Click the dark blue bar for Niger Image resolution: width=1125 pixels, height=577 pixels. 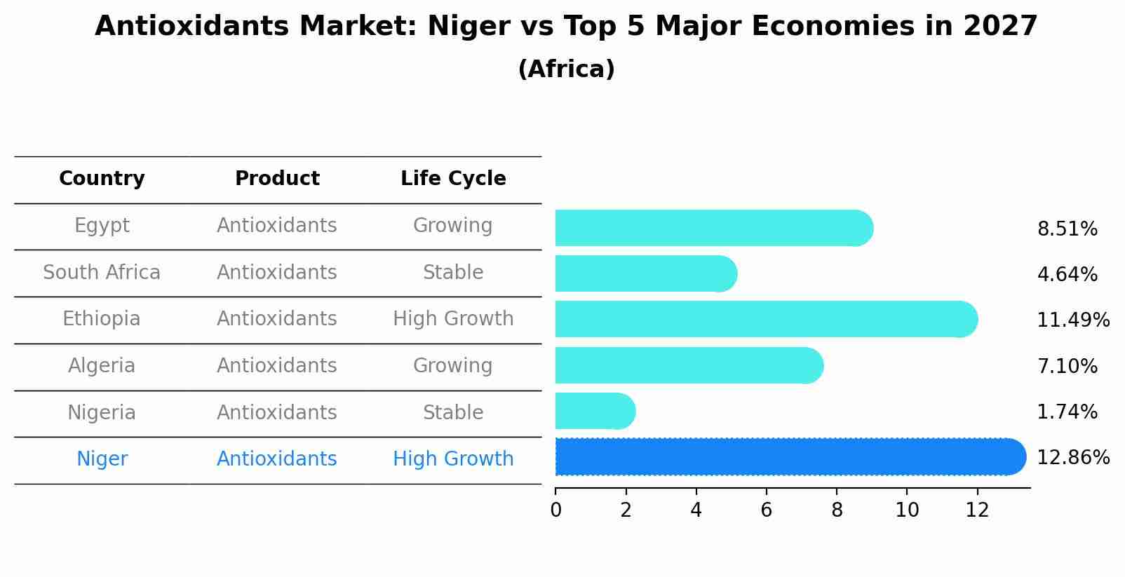click(x=786, y=457)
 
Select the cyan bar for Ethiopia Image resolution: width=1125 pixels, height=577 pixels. click(x=764, y=319)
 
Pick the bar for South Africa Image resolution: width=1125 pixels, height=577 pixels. click(x=645, y=273)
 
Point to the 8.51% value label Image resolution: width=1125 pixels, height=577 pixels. click(x=1067, y=229)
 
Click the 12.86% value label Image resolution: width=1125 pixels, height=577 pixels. click(x=1072, y=458)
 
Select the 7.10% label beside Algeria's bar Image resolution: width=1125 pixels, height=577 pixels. click(x=1067, y=366)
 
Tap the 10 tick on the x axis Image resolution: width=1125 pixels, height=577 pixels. click(x=907, y=510)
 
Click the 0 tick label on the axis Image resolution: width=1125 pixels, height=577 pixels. click(x=555, y=510)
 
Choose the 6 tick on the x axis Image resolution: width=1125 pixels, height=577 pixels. click(x=766, y=510)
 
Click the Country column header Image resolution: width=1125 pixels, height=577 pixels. click(x=102, y=179)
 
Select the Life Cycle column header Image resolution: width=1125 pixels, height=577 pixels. click(x=453, y=179)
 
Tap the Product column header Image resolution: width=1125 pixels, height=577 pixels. click(x=277, y=179)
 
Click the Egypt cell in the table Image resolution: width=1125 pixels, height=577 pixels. click(x=102, y=226)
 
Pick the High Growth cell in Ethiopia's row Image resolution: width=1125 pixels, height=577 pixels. click(x=453, y=319)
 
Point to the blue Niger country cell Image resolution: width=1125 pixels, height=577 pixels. click(x=102, y=459)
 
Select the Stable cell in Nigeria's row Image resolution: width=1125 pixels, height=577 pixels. click(x=453, y=412)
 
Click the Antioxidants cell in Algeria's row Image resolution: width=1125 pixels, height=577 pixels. click(x=277, y=366)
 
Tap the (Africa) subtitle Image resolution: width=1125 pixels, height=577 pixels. click(x=566, y=69)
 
